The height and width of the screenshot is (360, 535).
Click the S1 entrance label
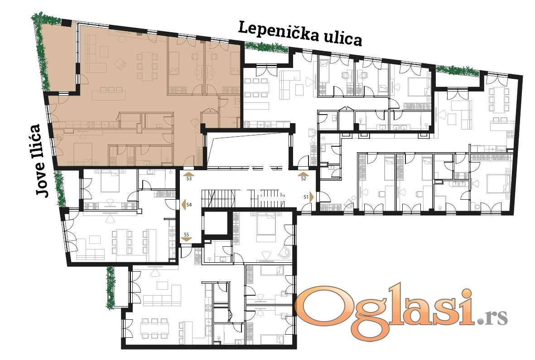306,197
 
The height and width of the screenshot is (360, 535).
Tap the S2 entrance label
304,178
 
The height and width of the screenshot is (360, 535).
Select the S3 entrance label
189,178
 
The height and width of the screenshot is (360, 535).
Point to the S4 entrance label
189,205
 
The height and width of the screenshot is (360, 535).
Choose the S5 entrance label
186,235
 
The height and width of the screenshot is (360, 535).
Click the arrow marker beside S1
312,197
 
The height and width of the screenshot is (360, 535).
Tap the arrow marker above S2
303,174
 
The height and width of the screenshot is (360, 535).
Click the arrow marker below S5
186,240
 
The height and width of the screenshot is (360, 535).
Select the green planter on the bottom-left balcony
111,288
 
